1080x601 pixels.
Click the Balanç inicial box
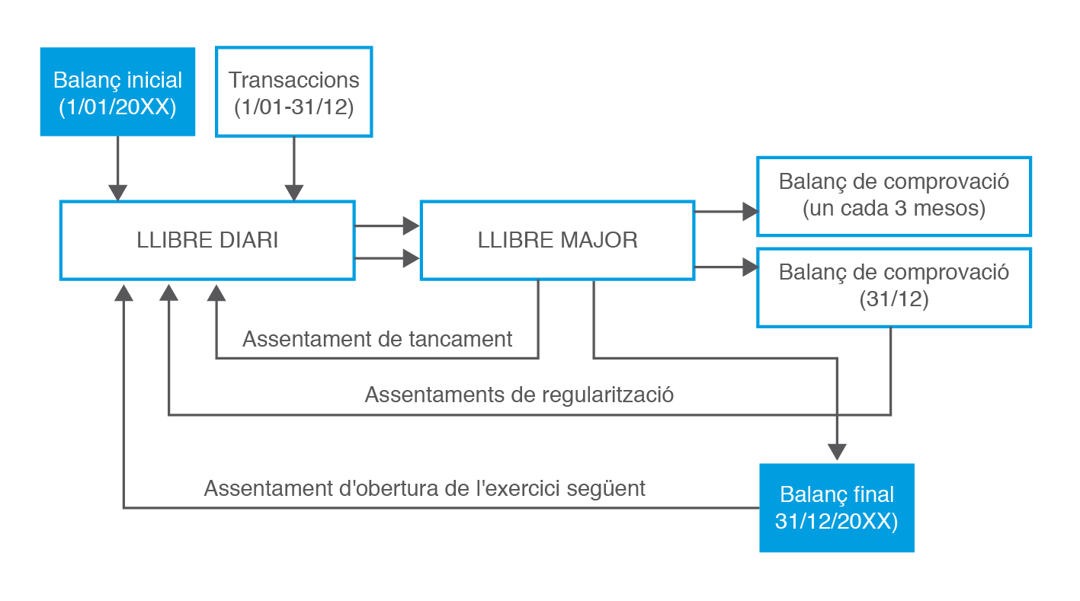click(x=117, y=91)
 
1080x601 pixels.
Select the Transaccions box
click(x=293, y=91)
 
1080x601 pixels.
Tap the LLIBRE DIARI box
click(x=207, y=240)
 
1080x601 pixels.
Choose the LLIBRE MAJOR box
click(x=557, y=240)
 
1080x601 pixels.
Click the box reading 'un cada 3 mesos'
click(x=894, y=197)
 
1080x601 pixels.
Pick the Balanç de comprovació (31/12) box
click(x=894, y=288)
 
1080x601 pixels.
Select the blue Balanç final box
click(x=837, y=507)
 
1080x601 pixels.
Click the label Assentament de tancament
click(x=377, y=339)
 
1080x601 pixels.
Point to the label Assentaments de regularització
click(x=519, y=395)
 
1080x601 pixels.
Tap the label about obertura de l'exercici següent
click(x=425, y=488)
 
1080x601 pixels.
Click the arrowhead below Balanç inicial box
click(x=117, y=193)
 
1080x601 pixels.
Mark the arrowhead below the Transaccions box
click(x=294, y=193)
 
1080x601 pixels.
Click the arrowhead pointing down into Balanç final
click(x=837, y=452)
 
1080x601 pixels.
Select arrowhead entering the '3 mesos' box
click(x=751, y=212)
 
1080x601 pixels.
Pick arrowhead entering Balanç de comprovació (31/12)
click(x=751, y=267)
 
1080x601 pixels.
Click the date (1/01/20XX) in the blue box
click(x=117, y=107)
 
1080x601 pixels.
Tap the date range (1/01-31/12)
click(x=294, y=107)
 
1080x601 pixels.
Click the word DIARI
click(x=248, y=240)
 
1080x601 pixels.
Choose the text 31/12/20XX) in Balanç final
click(x=837, y=521)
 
